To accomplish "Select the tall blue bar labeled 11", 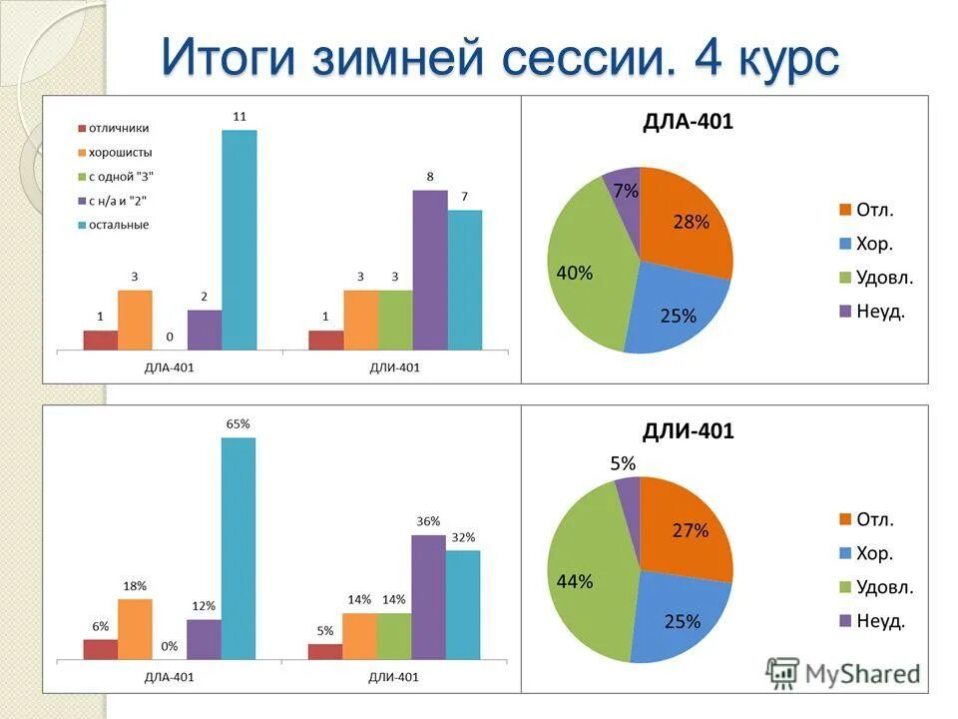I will pos(239,240).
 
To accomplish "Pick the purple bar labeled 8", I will pos(430,270).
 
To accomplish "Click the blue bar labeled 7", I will pos(465,280).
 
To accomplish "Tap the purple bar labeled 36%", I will pos(429,596).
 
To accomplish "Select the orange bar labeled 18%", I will pos(136,628).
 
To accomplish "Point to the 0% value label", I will pos(169,646).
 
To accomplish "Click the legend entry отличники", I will pos(119,128).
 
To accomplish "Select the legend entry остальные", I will pos(118,225).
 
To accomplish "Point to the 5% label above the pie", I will pos(624,462).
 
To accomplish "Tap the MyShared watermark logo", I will pos(843,673).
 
